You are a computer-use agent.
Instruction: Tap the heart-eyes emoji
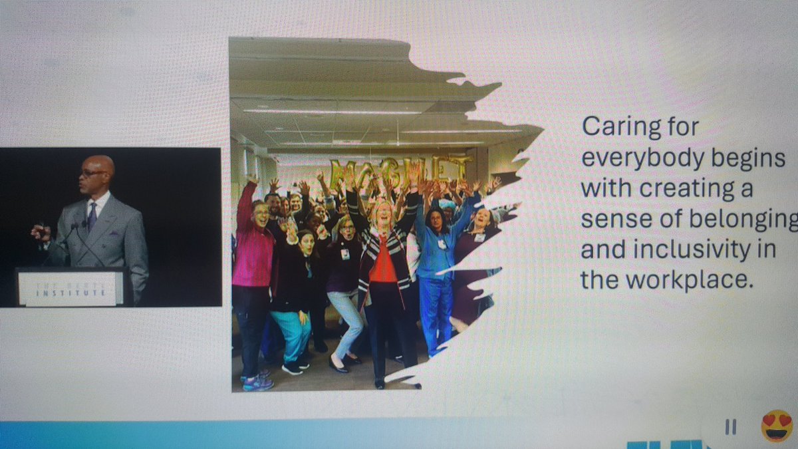pos(777,426)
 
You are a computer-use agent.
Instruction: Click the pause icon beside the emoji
pos(730,427)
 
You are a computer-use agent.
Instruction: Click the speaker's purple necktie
pos(92,215)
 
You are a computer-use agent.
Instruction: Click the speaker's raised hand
pos(39,232)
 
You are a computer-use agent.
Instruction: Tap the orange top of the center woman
pos(383,267)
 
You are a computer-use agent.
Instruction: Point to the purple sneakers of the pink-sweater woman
pos(258,383)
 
